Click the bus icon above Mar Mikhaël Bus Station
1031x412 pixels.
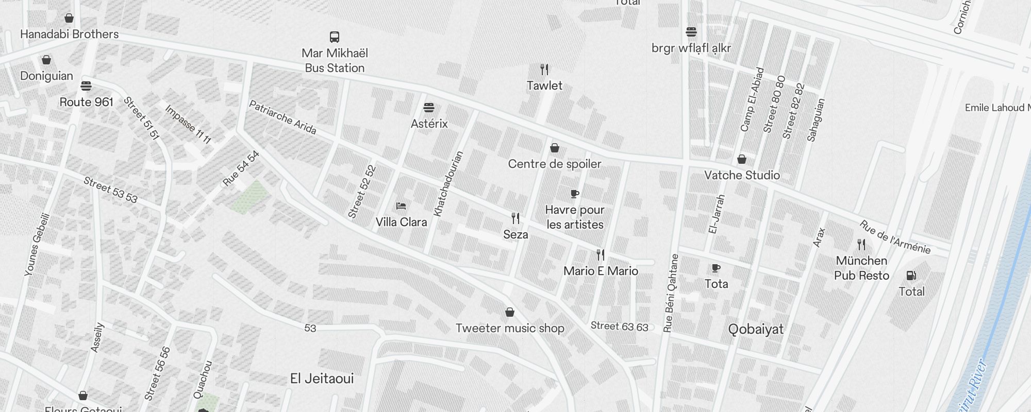[335, 37]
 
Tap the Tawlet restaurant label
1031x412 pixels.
[544, 85]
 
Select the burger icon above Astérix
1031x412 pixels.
[429, 108]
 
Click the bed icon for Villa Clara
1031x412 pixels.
[401, 206]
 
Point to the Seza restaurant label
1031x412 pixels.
[515, 234]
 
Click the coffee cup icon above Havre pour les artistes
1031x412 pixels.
[575, 194]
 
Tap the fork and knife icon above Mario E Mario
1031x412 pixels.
[601, 254]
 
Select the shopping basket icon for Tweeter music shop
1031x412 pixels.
[510, 312]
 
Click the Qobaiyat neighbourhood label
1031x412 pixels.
[756, 330]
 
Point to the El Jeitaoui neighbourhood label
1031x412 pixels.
[322, 379]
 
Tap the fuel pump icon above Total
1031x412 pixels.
[911, 276]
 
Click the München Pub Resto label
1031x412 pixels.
[861, 268]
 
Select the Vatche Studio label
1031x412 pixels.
[742, 175]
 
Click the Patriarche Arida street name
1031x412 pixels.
[282, 117]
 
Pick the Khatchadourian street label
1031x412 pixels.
[448, 183]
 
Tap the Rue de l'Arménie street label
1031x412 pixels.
[895, 237]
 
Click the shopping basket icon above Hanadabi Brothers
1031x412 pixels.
[69, 18]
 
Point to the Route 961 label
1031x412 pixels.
[86, 102]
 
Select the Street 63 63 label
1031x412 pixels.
[619, 326]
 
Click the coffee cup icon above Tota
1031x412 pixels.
[716, 268]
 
